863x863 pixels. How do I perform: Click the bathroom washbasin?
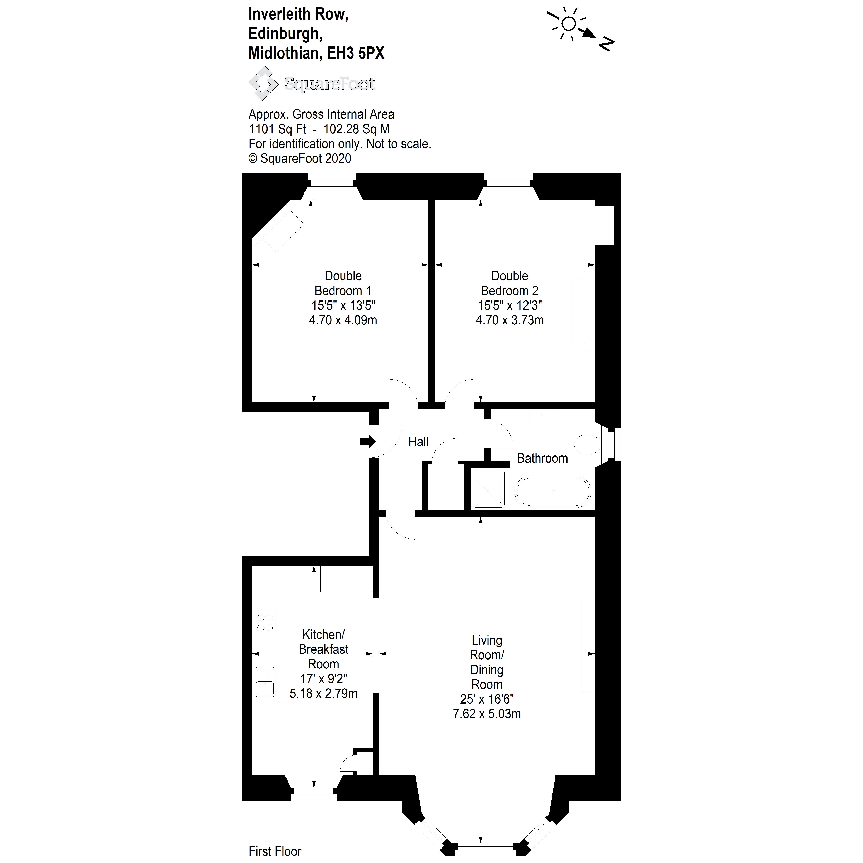(x=542, y=417)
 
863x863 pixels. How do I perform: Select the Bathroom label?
(x=542, y=458)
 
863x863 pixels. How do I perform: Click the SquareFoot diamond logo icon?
(x=264, y=83)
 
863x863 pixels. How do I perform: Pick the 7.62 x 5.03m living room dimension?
(x=487, y=714)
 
